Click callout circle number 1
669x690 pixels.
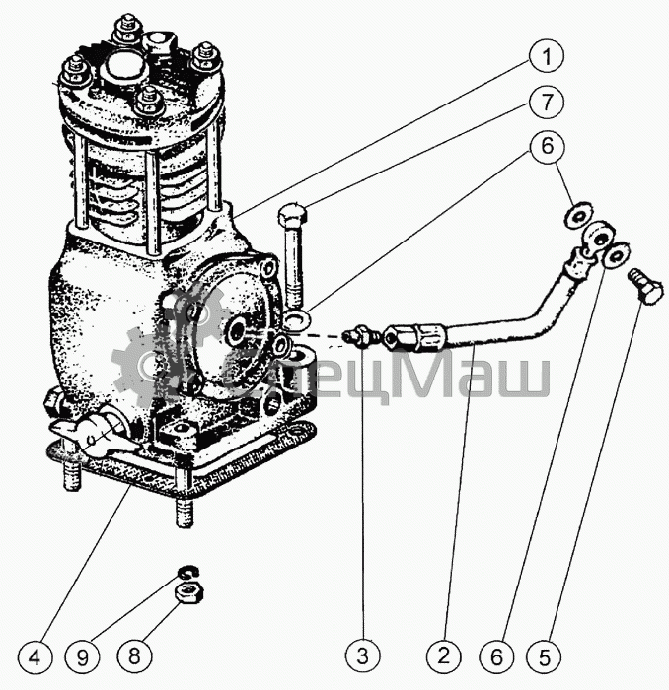point(547,57)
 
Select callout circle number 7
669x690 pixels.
point(547,102)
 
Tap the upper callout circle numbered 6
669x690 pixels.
point(547,146)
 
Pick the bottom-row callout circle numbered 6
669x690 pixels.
point(496,657)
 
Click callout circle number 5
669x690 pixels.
point(545,657)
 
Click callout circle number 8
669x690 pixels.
point(134,656)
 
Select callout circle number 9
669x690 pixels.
point(82,657)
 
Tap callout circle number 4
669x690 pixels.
point(35,657)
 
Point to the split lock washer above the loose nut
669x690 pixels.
point(188,573)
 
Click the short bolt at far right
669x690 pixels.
point(645,286)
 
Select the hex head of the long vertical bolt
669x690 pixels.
point(292,214)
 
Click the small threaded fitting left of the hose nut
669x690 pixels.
point(362,335)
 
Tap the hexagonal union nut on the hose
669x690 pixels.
point(428,337)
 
